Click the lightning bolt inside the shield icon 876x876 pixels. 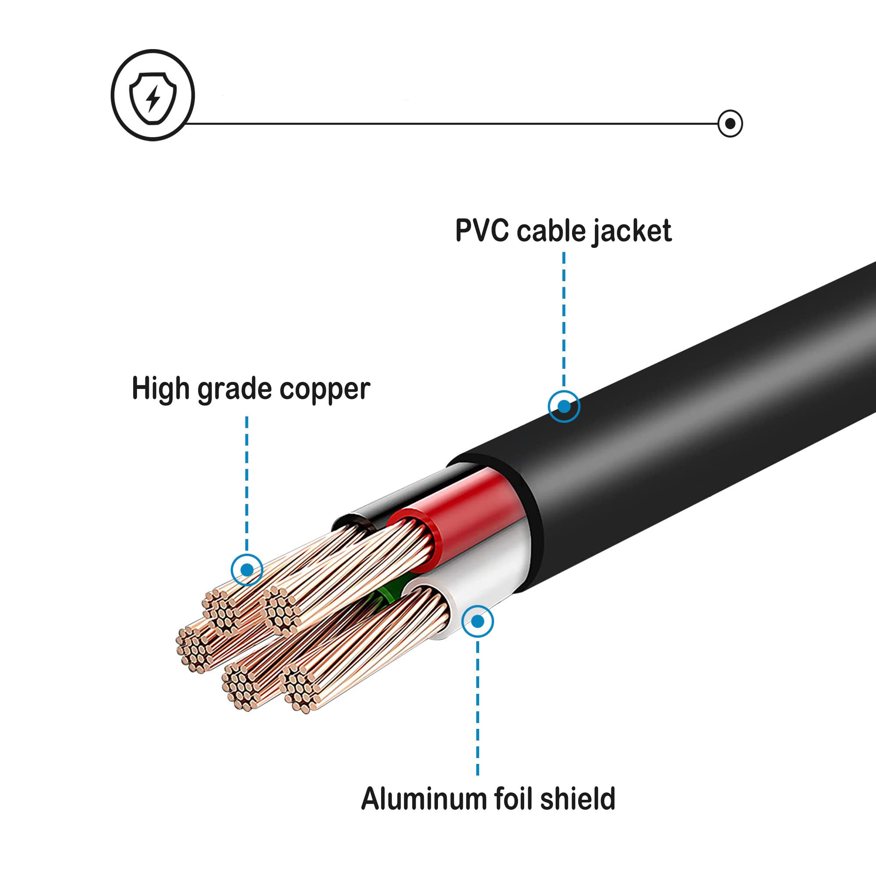pos(153,99)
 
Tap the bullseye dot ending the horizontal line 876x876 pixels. pos(730,124)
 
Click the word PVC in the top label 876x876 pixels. pos(482,230)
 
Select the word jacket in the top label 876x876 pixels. pos(632,231)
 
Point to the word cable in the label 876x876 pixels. pos(551,230)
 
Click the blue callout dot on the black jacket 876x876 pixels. pos(564,406)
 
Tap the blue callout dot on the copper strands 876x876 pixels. pos(247,569)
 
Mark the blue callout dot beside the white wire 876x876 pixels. pos(477,621)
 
